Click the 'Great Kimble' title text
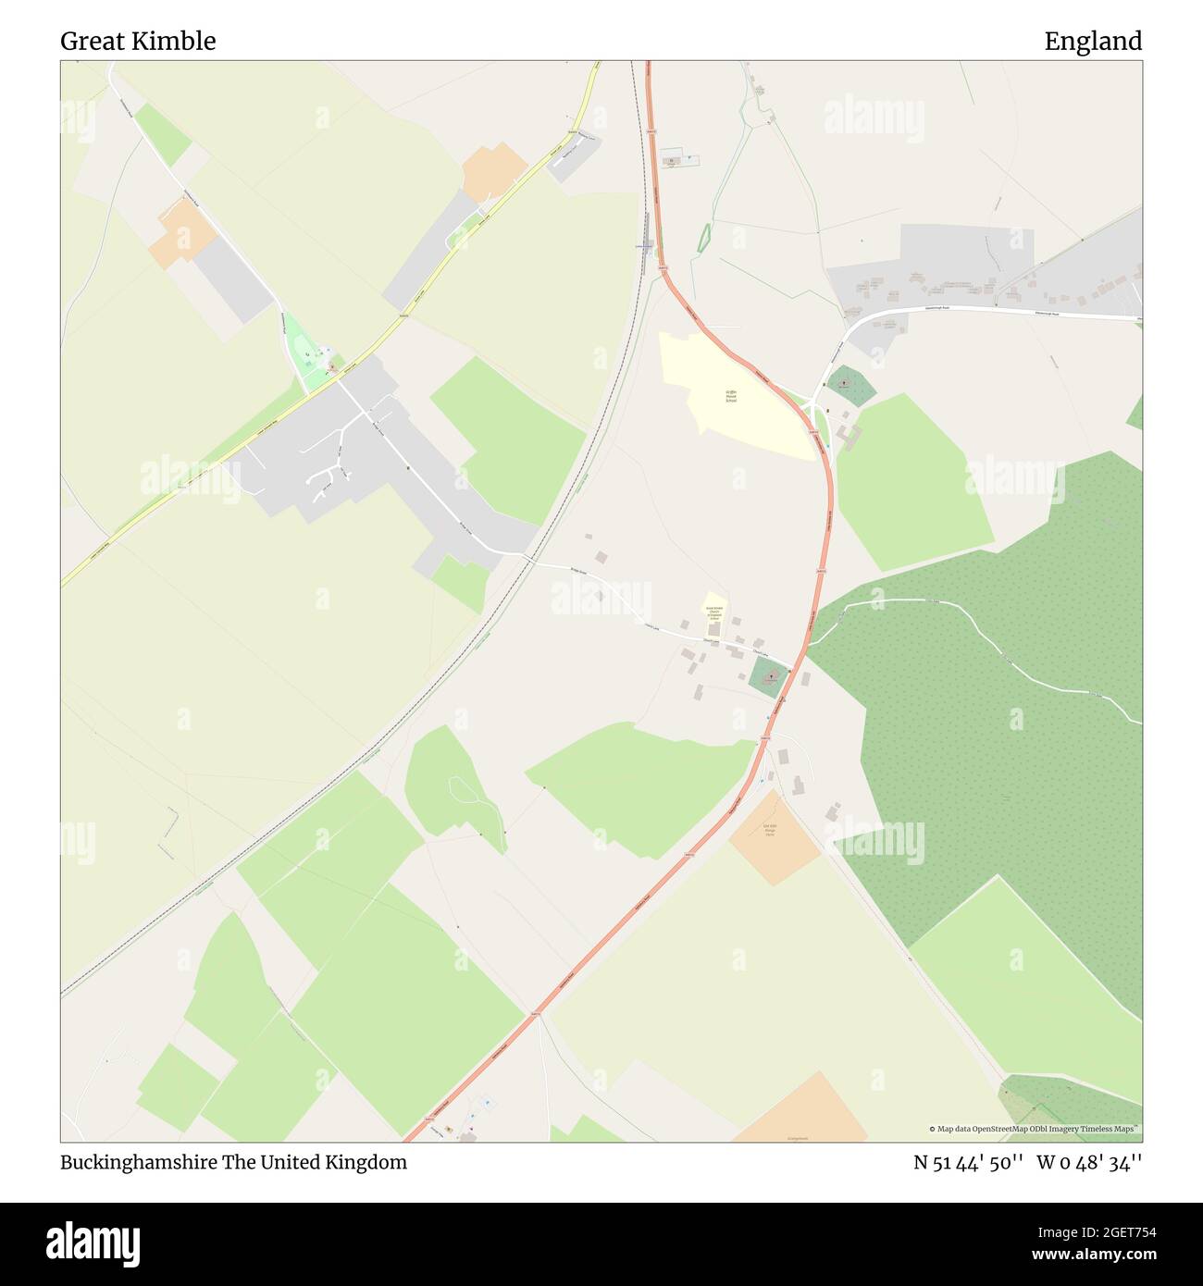pos(138,42)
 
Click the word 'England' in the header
pos(1093,42)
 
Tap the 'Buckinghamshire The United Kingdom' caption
pos(233,1163)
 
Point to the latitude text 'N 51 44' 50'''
pos(968,1163)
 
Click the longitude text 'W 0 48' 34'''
pos(1089,1163)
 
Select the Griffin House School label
pos(731,397)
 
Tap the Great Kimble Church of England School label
pos(713,612)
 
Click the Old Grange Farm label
pos(769,829)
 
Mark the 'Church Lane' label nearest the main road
pos(762,653)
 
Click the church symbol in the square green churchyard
pos(769,679)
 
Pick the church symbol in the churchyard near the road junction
pos(844,382)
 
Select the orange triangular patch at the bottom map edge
pos(802,1113)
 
